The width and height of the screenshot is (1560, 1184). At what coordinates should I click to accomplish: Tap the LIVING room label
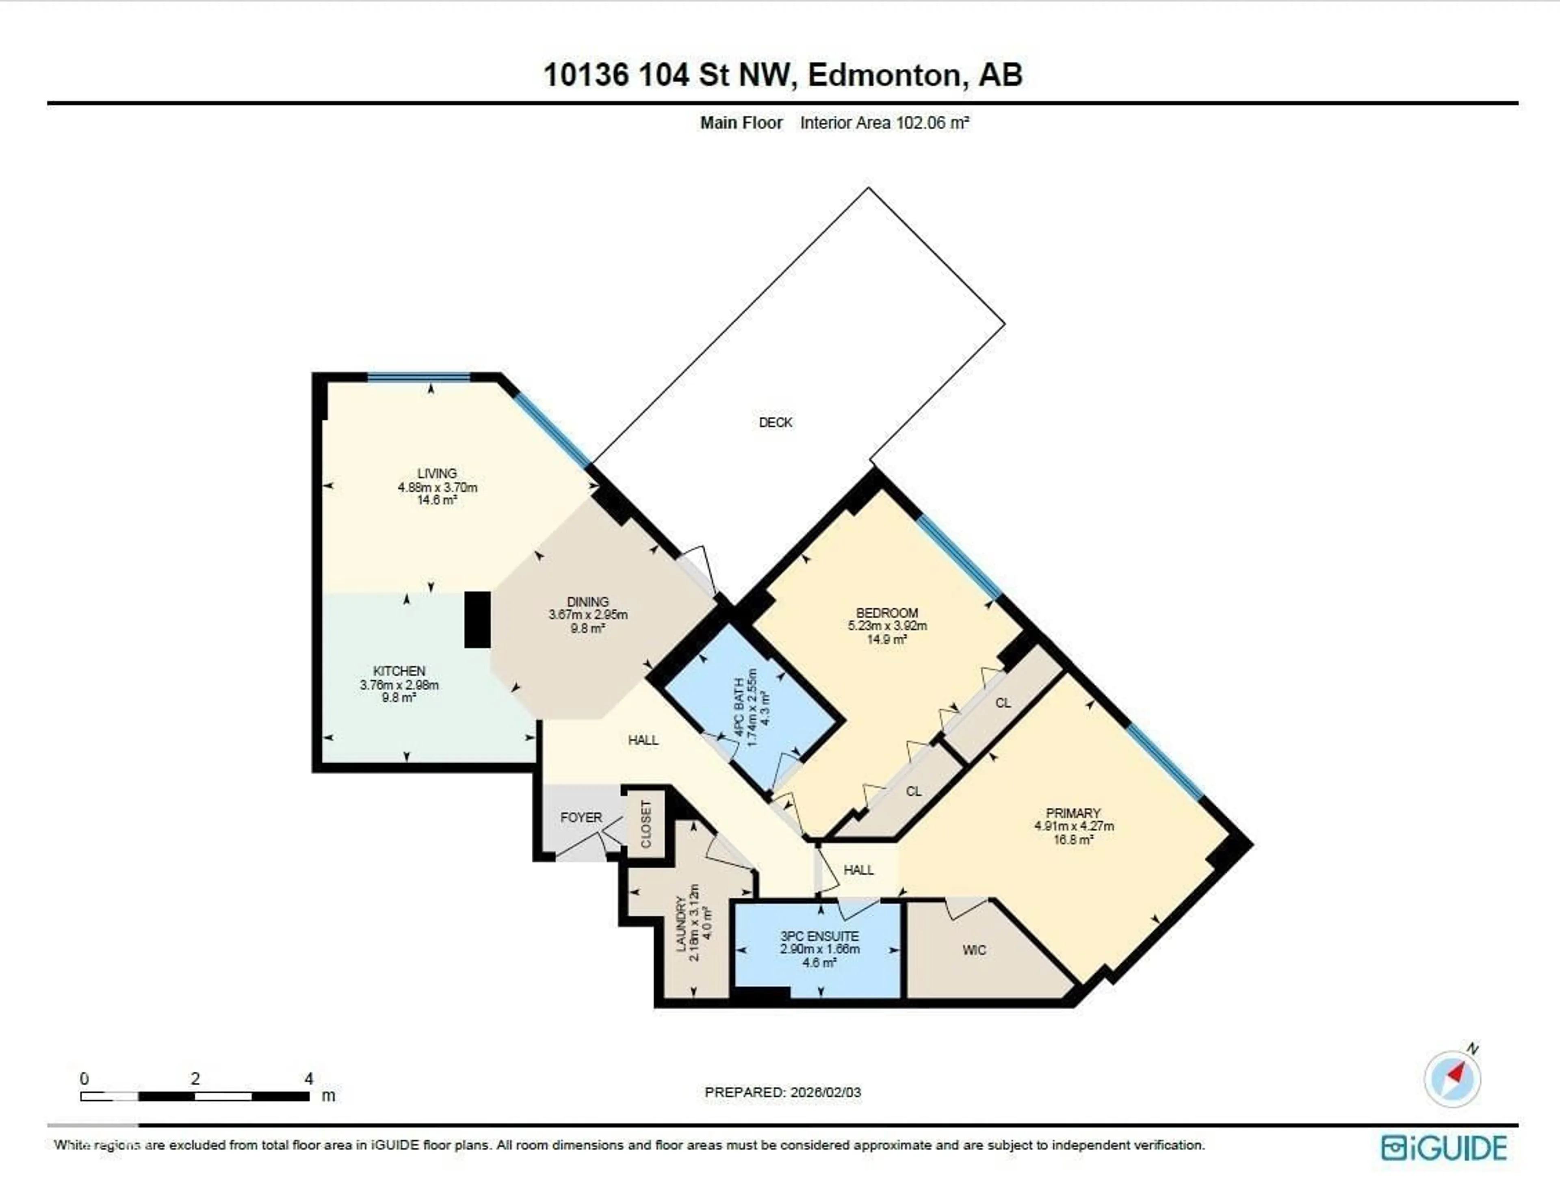pyautogui.click(x=437, y=473)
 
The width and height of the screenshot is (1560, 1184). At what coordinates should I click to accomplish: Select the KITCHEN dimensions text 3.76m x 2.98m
pyautogui.click(x=399, y=685)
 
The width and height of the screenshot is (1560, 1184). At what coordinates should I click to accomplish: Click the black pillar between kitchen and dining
pyautogui.click(x=477, y=619)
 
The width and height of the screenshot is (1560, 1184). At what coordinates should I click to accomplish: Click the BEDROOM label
pyautogui.click(x=886, y=613)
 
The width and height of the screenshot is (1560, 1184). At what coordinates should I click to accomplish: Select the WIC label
pyautogui.click(x=974, y=950)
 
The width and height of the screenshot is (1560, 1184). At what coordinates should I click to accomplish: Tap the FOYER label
pyautogui.click(x=581, y=817)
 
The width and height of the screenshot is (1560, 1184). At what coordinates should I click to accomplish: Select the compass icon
pyautogui.click(x=1452, y=1079)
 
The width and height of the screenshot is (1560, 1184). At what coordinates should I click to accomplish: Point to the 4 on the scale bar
pyautogui.click(x=308, y=1078)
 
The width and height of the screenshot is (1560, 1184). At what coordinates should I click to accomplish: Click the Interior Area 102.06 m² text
pyautogui.click(x=884, y=123)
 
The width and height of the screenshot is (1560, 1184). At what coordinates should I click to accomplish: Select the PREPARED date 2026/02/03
pyautogui.click(x=825, y=1092)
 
